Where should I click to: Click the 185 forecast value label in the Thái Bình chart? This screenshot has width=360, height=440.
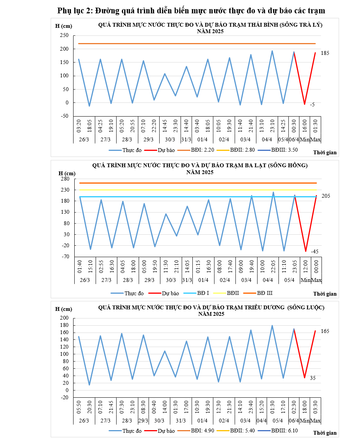(x=325, y=53)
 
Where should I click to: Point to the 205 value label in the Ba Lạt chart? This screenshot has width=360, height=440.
(x=326, y=196)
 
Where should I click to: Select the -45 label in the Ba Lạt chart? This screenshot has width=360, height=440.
(x=314, y=251)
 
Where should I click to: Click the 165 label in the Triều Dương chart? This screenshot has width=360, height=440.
(x=325, y=331)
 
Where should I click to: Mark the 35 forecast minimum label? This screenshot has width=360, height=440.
(x=312, y=378)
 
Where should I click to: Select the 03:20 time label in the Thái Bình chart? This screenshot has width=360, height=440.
(x=79, y=125)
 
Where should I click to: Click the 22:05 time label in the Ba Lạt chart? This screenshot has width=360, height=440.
(x=273, y=267)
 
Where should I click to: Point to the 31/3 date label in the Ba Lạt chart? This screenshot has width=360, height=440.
(x=187, y=280)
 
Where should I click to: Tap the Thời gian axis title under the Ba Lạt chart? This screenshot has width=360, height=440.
(x=325, y=294)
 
